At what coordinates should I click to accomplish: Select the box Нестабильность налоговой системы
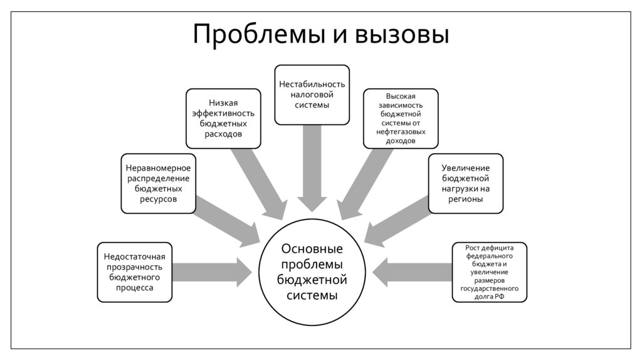point(312,94)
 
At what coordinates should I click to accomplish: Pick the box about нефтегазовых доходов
point(401,119)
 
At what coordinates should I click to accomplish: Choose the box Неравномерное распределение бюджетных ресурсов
point(158,183)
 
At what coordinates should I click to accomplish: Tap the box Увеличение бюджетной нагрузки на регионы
point(465,183)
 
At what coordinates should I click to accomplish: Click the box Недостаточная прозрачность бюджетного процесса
point(135,272)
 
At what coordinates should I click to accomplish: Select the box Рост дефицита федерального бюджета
point(490,272)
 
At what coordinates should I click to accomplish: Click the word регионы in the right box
point(465,199)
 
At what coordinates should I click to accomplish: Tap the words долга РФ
point(490,297)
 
